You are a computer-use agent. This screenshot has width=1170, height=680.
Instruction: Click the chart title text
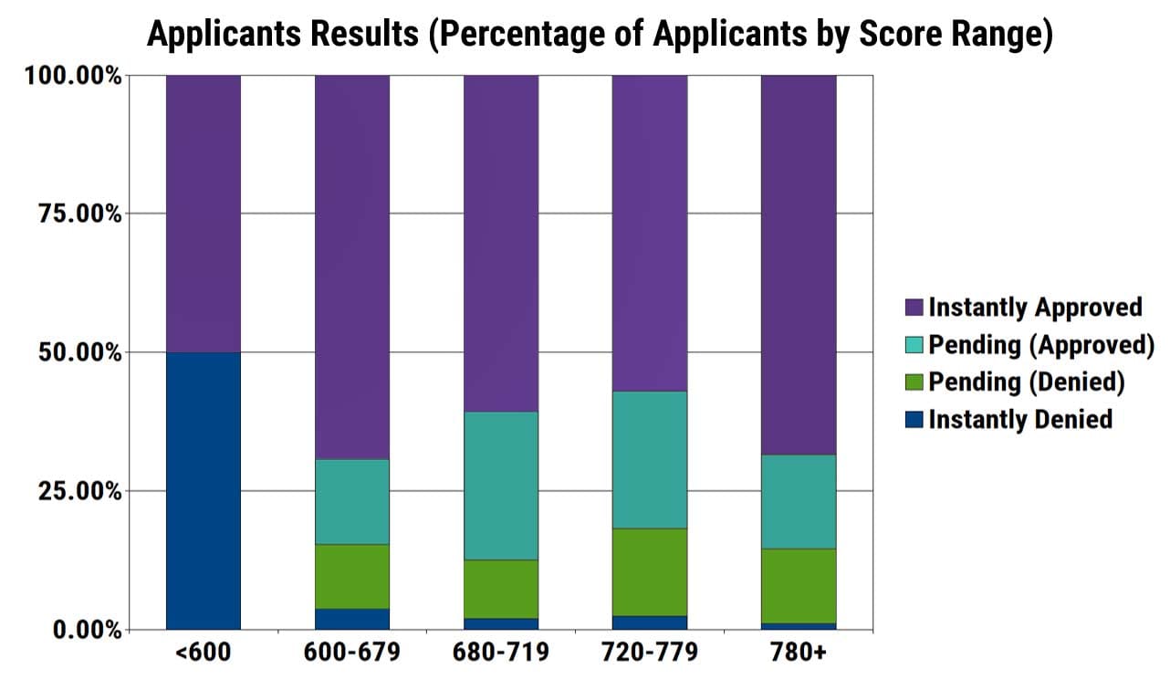(x=601, y=35)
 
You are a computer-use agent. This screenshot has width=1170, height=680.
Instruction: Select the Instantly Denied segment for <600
(x=204, y=490)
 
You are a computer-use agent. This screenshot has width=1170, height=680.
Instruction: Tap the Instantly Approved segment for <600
(x=204, y=214)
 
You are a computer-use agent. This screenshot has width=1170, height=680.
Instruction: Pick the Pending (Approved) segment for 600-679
(x=352, y=501)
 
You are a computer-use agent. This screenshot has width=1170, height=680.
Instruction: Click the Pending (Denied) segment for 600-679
(x=352, y=576)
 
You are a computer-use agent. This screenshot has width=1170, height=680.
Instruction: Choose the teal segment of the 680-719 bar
(x=501, y=486)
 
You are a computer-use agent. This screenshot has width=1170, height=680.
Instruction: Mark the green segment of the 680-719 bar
(x=501, y=589)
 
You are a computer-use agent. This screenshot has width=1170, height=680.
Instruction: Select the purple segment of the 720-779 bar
(x=650, y=233)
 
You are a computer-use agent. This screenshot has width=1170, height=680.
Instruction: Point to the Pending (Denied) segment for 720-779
(x=650, y=572)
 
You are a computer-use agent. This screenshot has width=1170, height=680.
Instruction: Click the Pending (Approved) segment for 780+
(x=799, y=501)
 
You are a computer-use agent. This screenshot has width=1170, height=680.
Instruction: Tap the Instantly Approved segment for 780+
(x=799, y=265)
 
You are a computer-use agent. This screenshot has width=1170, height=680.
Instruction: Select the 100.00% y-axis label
(x=74, y=76)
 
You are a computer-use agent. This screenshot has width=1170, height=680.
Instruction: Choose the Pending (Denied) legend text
(x=1027, y=382)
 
